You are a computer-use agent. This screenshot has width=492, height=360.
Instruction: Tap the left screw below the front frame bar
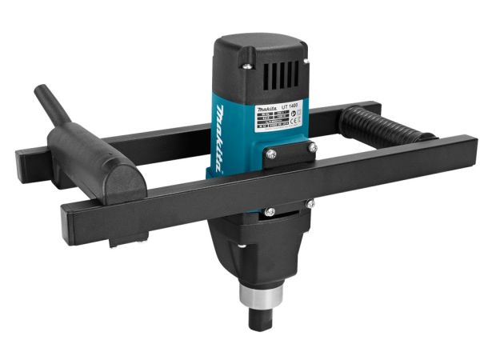point(270,211)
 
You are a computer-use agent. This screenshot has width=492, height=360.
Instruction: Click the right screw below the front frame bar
point(309,204)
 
